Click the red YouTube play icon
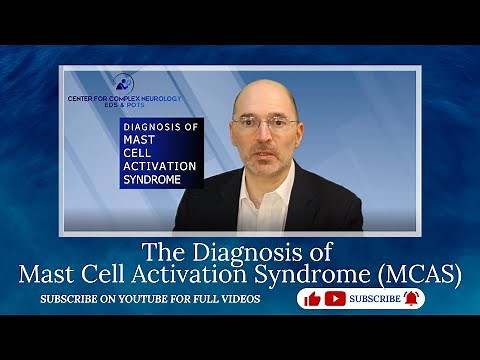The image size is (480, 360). point(336,298)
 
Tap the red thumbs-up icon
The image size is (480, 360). point(313,298)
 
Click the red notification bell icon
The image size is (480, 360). point(410,298)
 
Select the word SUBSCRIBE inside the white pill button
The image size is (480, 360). point(375,298)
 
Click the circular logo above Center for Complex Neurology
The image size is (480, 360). point(124,84)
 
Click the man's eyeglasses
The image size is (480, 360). point(264,121)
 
